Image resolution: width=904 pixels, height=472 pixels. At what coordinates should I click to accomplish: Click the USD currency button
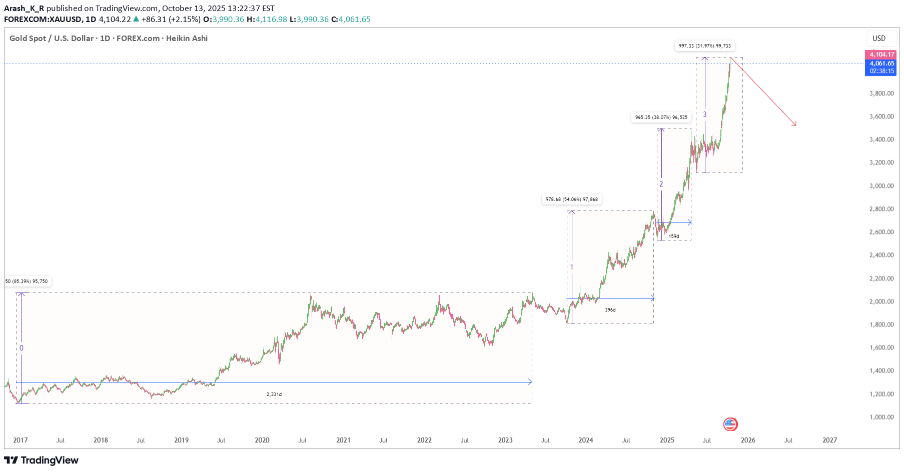(x=878, y=38)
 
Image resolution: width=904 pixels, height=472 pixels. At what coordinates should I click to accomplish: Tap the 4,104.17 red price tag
(x=880, y=54)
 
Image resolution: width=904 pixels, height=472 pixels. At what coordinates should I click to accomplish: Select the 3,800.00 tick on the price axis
(x=881, y=93)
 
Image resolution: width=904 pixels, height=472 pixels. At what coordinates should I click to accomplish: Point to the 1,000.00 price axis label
(x=881, y=417)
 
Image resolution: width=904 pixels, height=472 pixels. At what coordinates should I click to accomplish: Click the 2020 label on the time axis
(x=262, y=440)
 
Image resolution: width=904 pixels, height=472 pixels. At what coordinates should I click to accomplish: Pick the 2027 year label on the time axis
(x=829, y=440)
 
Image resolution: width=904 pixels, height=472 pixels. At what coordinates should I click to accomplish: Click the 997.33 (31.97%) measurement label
(x=704, y=46)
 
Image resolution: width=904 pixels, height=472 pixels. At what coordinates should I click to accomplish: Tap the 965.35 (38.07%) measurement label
(x=661, y=117)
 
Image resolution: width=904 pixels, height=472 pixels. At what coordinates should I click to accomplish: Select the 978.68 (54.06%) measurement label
(x=571, y=199)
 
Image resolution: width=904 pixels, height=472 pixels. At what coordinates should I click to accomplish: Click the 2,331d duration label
(x=274, y=394)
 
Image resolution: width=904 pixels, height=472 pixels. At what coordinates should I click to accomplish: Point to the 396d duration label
(x=610, y=310)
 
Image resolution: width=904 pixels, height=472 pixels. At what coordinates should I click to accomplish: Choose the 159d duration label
(x=674, y=236)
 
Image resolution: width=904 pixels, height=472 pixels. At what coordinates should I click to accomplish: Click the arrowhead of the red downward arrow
(x=794, y=124)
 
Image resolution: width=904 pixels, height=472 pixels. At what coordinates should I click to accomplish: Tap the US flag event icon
(x=730, y=424)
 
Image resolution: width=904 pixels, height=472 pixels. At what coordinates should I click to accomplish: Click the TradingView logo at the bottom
(x=42, y=460)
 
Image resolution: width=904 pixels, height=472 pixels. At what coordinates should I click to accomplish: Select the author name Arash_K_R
(x=24, y=8)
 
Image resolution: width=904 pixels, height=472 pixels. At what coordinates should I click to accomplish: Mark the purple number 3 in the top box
(x=705, y=114)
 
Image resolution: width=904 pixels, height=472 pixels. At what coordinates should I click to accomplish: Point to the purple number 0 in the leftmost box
(x=22, y=348)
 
